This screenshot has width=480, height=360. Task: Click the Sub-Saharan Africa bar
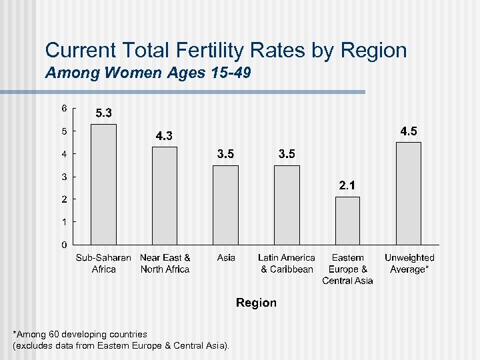[103, 184]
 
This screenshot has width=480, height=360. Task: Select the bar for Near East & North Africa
[165, 195]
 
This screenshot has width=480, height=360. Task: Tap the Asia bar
[225, 205]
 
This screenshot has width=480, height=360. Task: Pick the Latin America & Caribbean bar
[287, 205]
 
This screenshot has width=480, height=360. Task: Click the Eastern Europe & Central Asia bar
[347, 221]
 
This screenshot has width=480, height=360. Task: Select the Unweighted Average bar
[409, 193]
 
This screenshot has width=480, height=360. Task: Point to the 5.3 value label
[103, 113]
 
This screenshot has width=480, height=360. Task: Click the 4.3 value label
[164, 136]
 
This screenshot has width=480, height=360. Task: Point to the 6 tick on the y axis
[64, 108]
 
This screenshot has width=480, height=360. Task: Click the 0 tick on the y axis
[64, 245]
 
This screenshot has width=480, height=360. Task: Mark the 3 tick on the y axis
[64, 177]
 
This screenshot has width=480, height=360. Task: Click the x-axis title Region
[256, 303]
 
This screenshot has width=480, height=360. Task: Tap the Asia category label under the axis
[226, 257]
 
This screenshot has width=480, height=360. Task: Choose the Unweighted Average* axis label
[409, 263]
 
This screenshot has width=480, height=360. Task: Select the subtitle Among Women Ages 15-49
[148, 73]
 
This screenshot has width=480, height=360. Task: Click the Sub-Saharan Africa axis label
[103, 263]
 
